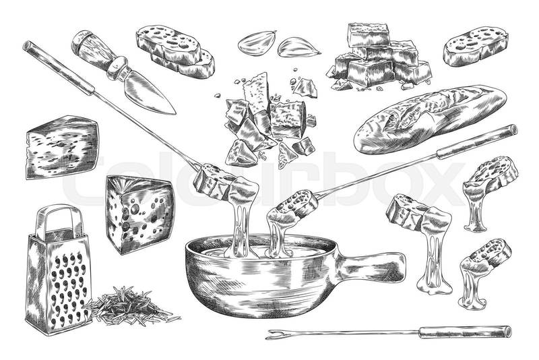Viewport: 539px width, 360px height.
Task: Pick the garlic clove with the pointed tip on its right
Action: click(298, 47)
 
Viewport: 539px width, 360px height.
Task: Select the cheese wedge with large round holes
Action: click(139, 214)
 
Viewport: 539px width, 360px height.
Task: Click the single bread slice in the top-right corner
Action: click(476, 47)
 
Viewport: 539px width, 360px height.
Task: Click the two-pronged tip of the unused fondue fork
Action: click(275, 334)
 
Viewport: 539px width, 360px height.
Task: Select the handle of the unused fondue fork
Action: click(465, 332)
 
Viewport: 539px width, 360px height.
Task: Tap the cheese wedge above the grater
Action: click(62, 147)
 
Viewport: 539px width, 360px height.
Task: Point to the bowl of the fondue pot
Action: click(261, 275)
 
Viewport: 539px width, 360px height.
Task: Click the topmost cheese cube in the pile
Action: click(369, 35)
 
